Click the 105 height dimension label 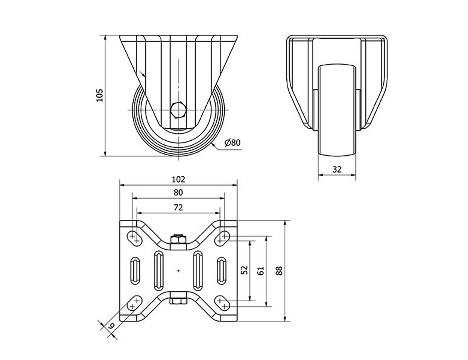click(x=100, y=95)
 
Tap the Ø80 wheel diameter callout click(x=233, y=143)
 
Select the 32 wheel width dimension click(x=337, y=170)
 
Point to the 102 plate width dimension click(x=178, y=179)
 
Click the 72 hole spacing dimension click(x=178, y=207)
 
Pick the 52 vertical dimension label click(x=245, y=270)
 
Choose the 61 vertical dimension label click(x=261, y=271)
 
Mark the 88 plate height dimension click(x=279, y=271)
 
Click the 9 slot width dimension click(x=111, y=326)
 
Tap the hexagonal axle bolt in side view click(x=178, y=110)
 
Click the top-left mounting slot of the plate click(x=134, y=238)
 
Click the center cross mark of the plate click(x=178, y=271)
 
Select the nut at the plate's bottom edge click(x=178, y=301)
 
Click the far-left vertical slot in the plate click(x=135, y=270)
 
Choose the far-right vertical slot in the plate click(x=222, y=270)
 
